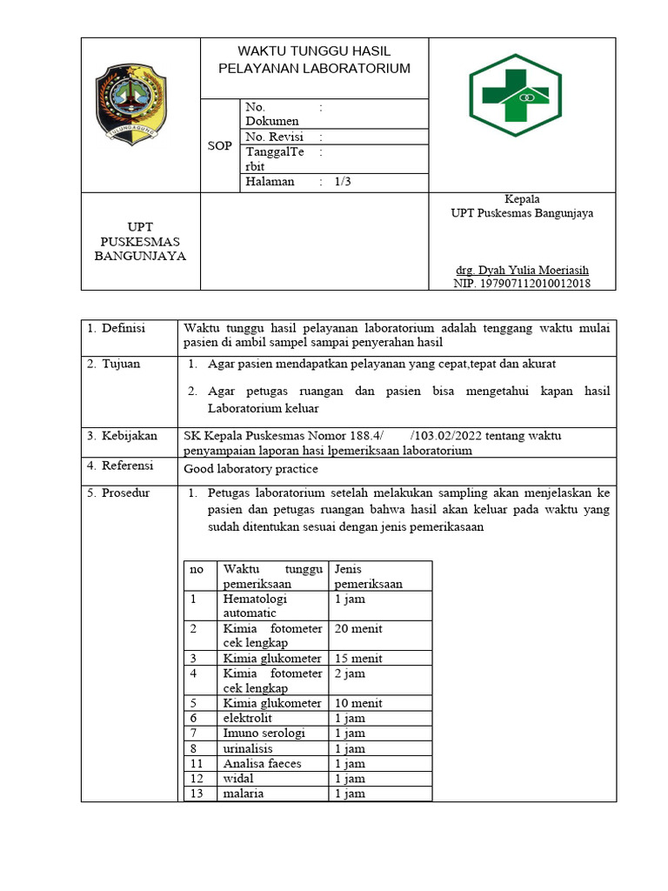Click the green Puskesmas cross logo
522,96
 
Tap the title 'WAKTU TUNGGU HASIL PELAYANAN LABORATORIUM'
314,60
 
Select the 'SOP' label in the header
220,145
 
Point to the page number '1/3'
343,182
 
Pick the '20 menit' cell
358,628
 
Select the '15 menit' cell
358,659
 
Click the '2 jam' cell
350,673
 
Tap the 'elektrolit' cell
248,718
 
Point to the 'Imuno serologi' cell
264,734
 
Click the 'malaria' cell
244,794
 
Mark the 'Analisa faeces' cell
263,763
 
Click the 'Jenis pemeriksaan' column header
368,576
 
